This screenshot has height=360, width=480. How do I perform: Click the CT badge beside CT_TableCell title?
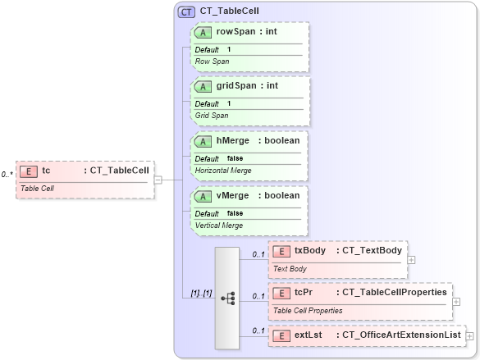186,12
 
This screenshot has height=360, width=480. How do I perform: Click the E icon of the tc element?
29,171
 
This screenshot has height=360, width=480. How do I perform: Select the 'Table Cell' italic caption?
38,188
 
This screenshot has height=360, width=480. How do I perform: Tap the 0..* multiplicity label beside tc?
7,175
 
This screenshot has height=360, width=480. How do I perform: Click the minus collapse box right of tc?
158,180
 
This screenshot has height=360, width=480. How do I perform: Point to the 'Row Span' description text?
212,62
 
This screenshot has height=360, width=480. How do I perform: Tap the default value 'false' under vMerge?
235,212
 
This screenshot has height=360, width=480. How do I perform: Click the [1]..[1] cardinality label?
201,292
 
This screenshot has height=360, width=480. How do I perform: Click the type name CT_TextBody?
369,250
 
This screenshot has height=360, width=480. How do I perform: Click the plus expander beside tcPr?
456,302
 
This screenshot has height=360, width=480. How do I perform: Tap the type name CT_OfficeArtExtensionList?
401,335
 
